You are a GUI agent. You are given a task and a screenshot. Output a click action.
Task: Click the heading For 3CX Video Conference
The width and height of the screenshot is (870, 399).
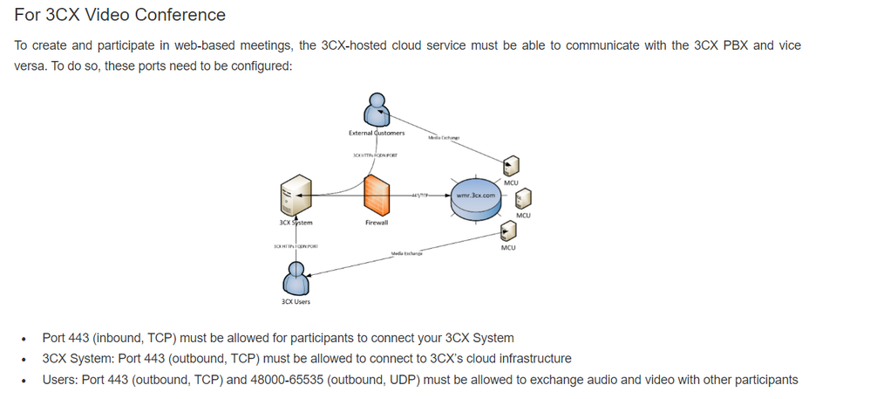[x=120, y=15]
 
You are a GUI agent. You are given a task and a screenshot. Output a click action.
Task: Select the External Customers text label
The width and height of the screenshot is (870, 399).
[x=376, y=133]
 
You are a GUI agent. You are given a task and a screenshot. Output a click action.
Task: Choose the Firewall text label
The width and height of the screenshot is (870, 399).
[x=376, y=223]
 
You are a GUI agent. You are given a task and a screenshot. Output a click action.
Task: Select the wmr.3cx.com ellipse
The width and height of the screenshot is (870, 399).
[x=475, y=196]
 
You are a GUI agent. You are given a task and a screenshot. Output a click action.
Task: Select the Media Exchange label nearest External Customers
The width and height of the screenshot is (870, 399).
[x=444, y=138]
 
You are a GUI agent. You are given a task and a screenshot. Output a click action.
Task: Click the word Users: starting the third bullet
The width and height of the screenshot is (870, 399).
[x=61, y=380]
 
